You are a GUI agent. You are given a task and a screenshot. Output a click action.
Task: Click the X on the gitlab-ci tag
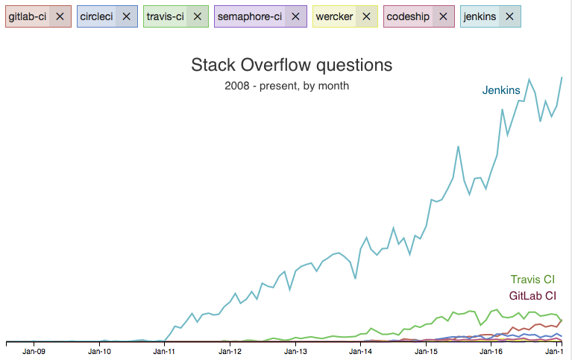pyautogui.click(x=60, y=16)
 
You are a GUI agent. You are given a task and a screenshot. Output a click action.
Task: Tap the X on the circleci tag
pyautogui.click(x=126, y=16)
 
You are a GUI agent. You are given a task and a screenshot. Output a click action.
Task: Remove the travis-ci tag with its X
pyautogui.click(x=197, y=16)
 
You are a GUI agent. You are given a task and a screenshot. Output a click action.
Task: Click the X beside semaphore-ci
pyautogui.click(x=295, y=16)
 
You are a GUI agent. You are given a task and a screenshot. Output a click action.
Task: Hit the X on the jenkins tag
pyautogui.click(x=509, y=16)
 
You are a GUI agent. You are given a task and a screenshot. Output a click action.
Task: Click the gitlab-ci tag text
pyautogui.click(x=28, y=16)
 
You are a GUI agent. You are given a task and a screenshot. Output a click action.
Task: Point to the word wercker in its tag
pyautogui.click(x=334, y=16)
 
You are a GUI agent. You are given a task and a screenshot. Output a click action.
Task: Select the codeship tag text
pyautogui.click(x=408, y=16)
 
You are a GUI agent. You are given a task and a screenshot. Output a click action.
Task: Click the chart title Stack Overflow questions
pyautogui.click(x=292, y=66)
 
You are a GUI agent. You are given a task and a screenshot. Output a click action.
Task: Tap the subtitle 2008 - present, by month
pyautogui.click(x=286, y=86)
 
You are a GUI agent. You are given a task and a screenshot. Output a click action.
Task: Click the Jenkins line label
pyautogui.click(x=501, y=90)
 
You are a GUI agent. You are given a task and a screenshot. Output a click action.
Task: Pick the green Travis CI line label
pyautogui.click(x=532, y=280)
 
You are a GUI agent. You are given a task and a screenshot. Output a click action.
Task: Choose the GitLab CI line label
pyautogui.click(x=532, y=295)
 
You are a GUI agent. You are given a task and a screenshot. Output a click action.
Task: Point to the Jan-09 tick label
pyautogui.click(x=34, y=350)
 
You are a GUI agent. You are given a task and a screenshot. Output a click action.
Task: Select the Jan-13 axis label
pyautogui.click(x=295, y=350)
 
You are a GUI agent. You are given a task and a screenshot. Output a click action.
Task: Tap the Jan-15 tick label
pyautogui.click(x=425, y=350)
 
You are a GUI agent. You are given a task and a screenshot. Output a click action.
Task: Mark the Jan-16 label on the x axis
pyautogui.click(x=490, y=350)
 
